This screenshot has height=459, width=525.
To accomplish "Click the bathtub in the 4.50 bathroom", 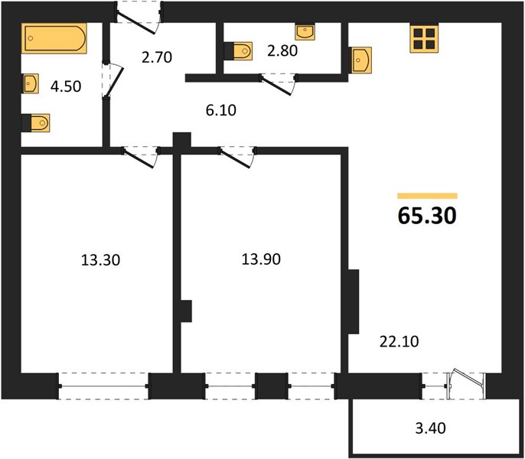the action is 54,38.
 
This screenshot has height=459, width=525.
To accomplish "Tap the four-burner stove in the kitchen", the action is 424,38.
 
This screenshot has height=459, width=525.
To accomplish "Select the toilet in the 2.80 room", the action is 238,51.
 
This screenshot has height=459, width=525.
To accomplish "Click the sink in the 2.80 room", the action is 305,32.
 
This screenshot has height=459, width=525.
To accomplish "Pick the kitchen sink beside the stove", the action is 360,60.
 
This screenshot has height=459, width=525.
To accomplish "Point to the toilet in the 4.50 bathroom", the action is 35,123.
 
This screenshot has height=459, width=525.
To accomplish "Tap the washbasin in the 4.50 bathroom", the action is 30,83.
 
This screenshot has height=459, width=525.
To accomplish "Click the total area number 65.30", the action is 427,215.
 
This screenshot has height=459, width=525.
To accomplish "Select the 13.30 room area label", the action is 100,260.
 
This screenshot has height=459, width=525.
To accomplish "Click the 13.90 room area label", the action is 261,259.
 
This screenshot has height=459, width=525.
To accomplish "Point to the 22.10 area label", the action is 399,341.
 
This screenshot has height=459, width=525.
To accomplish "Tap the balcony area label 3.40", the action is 431,428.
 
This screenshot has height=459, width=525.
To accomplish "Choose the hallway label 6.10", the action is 221,110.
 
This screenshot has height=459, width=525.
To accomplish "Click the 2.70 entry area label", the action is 157,57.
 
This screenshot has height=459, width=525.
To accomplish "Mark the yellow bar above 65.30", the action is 427,196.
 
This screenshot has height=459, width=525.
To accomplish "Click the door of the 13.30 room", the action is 141,157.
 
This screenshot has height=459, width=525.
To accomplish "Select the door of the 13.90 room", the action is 237,157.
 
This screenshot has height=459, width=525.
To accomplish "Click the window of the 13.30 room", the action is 103,386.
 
